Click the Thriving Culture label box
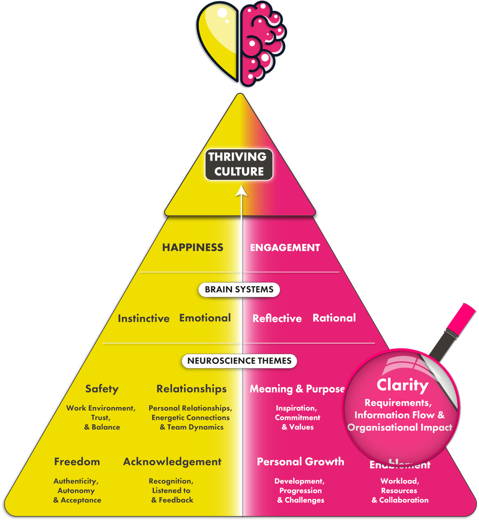pyautogui.click(x=239, y=164)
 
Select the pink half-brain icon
pyautogui.click(x=262, y=43)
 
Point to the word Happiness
pyautogui.click(x=192, y=247)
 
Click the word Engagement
pyautogui.click(x=285, y=247)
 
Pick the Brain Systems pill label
pyautogui.click(x=239, y=289)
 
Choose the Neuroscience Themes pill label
pyautogui.click(x=239, y=361)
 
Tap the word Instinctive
pyautogui.click(x=144, y=318)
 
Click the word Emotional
pyautogui.click(x=205, y=318)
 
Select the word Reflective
pyautogui.click(x=277, y=318)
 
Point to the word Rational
pyautogui.click(x=334, y=318)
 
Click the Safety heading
pyautogui.click(x=102, y=389)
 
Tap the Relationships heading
pyautogui.click(x=191, y=389)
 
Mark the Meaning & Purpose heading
pyautogui.click(x=297, y=389)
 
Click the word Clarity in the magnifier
pyautogui.click(x=402, y=385)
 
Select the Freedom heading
pyautogui.click(x=77, y=461)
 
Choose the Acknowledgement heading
pyautogui.click(x=172, y=461)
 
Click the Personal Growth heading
pyautogui.click(x=300, y=461)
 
